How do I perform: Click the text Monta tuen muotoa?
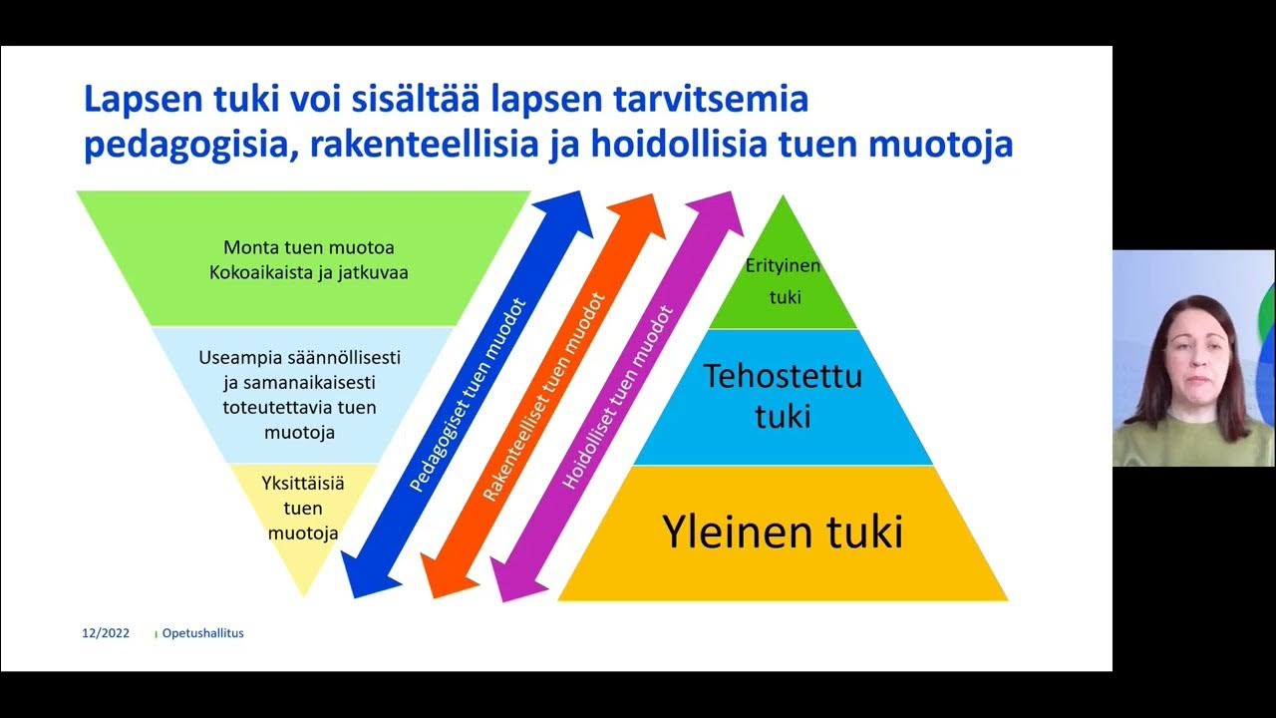click(x=301, y=246)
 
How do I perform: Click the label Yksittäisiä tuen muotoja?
click(x=303, y=509)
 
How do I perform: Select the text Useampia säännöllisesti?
click(x=299, y=357)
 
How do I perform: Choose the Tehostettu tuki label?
click(x=783, y=395)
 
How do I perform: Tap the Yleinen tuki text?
click(x=783, y=532)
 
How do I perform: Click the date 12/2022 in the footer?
click(x=105, y=633)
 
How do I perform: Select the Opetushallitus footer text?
click(x=202, y=633)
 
